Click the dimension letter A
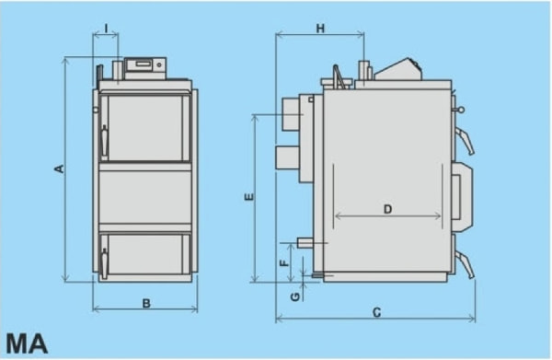(x=60, y=168)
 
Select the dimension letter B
(x=146, y=303)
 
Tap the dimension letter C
(x=376, y=312)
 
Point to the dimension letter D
(x=387, y=209)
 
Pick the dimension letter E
(x=249, y=197)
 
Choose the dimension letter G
(x=295, y=296)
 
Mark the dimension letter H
(x=320, y=29)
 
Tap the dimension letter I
(x=107, y=29)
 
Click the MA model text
(x=27, y=343)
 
